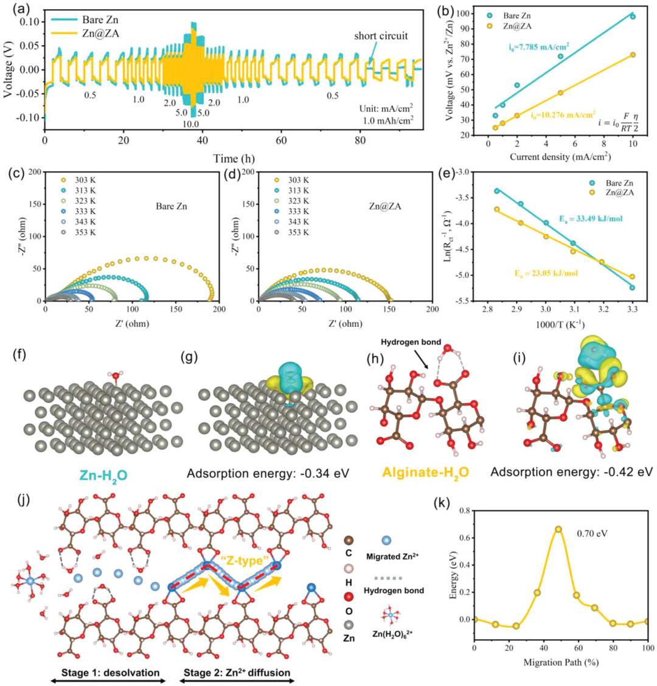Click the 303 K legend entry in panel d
coord(293,181)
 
